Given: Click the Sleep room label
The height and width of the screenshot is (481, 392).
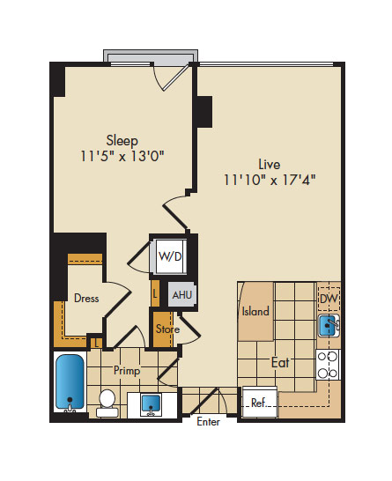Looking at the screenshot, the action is pos(122,140).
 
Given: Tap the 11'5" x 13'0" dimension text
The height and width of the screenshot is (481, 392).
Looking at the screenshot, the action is pos(122,156).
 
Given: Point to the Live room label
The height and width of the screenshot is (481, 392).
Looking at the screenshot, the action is pos(270,165).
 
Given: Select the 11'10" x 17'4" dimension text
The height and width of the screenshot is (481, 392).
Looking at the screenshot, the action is pos(270,180).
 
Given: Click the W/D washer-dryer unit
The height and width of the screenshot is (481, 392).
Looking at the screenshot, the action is pos(171,256).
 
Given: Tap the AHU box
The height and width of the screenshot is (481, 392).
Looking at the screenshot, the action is pos(181,295).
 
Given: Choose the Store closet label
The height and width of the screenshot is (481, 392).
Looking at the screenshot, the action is pos(167,329).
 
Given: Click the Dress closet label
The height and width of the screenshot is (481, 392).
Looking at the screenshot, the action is pos(86,298).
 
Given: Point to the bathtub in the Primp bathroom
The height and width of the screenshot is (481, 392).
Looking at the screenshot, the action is pos(70,382).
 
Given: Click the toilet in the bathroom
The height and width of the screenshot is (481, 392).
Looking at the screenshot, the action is pos(107,403).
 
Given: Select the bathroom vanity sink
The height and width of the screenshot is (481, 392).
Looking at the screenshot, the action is pos(151,405).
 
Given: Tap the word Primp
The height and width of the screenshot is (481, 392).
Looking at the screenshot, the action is pos(127,371).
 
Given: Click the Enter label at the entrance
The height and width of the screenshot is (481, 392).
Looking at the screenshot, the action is pos(208,422).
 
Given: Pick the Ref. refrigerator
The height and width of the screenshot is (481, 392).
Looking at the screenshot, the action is pos(260,403).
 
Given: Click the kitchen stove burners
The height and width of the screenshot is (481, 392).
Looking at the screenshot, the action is pos(328,365).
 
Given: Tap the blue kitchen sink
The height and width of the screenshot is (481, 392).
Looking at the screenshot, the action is pos(328,325).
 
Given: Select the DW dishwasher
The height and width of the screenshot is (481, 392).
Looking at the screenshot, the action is pos(329,299).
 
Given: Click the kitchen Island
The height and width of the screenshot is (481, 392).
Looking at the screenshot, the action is pos(255,311).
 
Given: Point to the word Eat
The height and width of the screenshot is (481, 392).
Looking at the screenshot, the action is pos(280,363).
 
